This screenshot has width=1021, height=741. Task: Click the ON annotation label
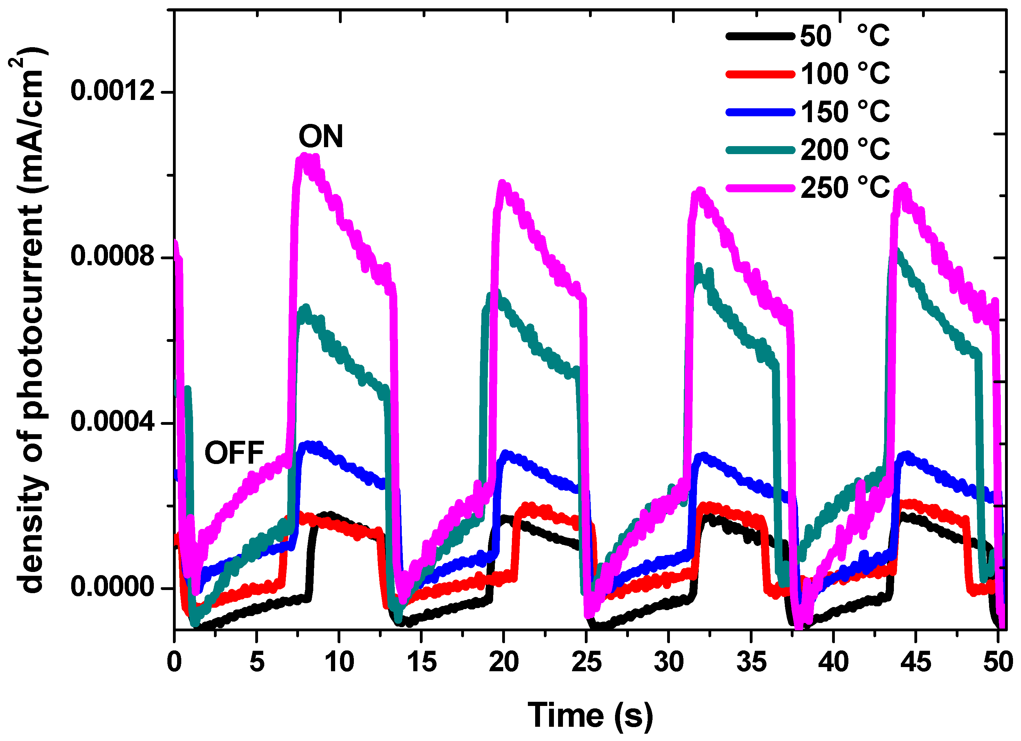click(321, 136)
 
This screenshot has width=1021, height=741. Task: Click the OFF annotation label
click(234, 453)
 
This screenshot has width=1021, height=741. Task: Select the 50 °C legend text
click(845, 36)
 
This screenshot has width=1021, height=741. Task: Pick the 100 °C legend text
click(845, 74)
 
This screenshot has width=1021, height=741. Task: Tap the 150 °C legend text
click(845, 111)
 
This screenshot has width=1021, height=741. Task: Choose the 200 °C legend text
click(845, 150)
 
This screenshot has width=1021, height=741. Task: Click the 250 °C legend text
click(845, 188)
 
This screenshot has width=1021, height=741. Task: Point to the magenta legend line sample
click(760, 188)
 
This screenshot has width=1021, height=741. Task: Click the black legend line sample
click(760, 36)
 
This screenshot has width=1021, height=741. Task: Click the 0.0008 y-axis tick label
click(113, 256)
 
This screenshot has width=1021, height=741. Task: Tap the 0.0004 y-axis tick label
click(113, 422)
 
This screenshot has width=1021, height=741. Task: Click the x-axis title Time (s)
click(590, 715)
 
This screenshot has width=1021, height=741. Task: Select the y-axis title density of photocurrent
click(32, 319)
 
